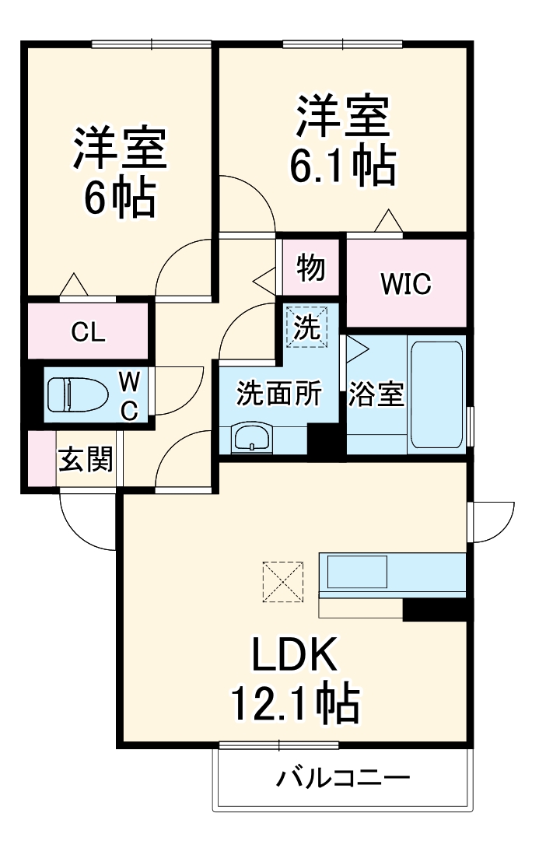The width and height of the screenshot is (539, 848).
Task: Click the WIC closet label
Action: [x=405, y=285]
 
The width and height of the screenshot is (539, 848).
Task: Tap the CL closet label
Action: [x=88, y=332]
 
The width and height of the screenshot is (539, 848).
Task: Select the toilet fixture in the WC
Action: [x=77, y=395]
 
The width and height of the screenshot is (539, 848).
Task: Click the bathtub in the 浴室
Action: [x=436, y=394]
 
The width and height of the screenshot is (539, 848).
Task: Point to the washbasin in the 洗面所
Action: [x=251, y=438]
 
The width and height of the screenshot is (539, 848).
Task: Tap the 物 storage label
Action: [x=310, y=268]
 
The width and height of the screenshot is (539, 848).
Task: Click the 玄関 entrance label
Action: [x=86, y=460]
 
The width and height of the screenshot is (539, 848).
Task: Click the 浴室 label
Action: [x=376, y=395]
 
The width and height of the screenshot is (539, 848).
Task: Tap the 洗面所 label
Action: [x=278, y=395]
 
